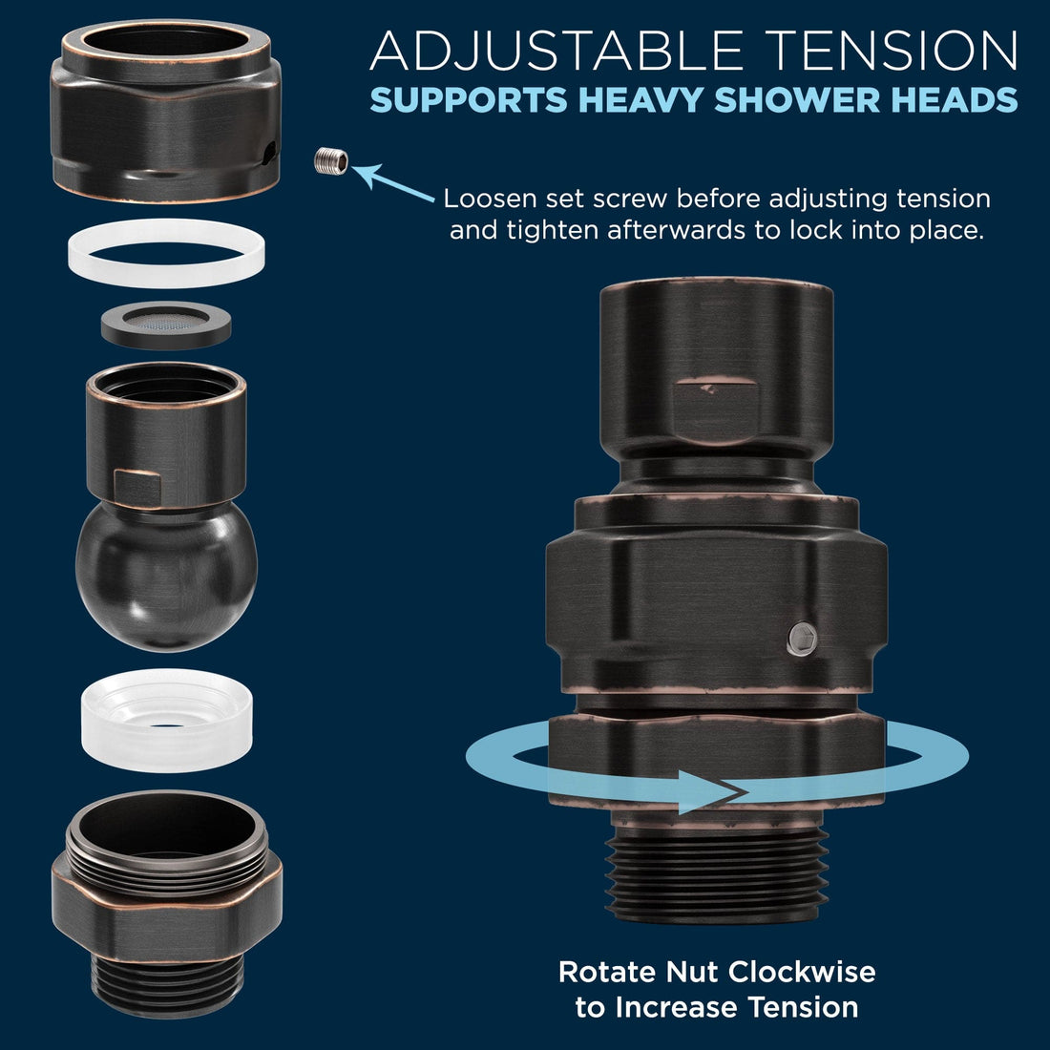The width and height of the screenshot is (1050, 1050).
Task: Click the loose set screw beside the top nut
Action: coord(331,160)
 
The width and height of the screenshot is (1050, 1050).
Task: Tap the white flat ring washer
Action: coord(166,252)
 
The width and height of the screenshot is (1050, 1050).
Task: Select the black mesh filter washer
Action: coord(166,325)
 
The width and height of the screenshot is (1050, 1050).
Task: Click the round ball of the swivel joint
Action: coord(166,576)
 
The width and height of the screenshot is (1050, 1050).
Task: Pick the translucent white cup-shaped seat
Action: coord(167,720)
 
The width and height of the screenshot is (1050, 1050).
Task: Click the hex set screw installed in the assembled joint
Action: coord(802,639)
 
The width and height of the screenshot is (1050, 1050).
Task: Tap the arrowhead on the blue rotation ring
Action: coord(712,792)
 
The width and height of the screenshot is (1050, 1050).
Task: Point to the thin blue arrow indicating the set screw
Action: coord(393,182)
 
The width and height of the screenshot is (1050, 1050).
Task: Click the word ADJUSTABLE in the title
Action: coord(556,52)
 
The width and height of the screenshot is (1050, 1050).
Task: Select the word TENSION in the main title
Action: coord(892,51)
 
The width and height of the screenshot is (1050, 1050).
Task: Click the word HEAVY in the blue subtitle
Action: coord(641,100)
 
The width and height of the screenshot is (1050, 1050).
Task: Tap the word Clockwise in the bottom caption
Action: coord(802,972)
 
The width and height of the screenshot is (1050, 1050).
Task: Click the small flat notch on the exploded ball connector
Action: coord(137,487)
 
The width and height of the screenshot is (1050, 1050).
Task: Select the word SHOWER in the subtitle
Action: coord(797,100)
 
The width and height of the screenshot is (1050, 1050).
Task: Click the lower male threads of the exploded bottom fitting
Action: coord(167,981)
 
